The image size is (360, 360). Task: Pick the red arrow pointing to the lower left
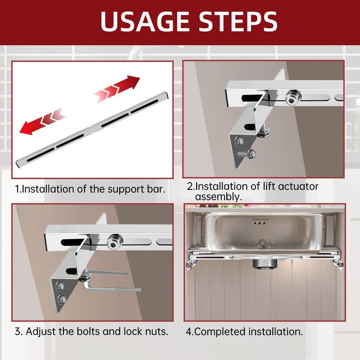(x=41, y=124)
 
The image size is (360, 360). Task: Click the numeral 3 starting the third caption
(x=18, y=332)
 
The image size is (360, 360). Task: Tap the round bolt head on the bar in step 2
(x=292, y=98)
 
